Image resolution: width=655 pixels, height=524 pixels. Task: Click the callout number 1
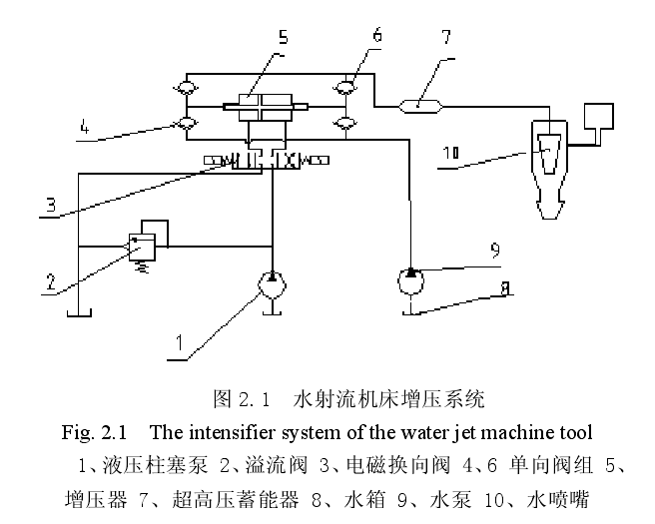coord(179,341)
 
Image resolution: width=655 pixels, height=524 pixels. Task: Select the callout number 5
coord(283,39)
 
